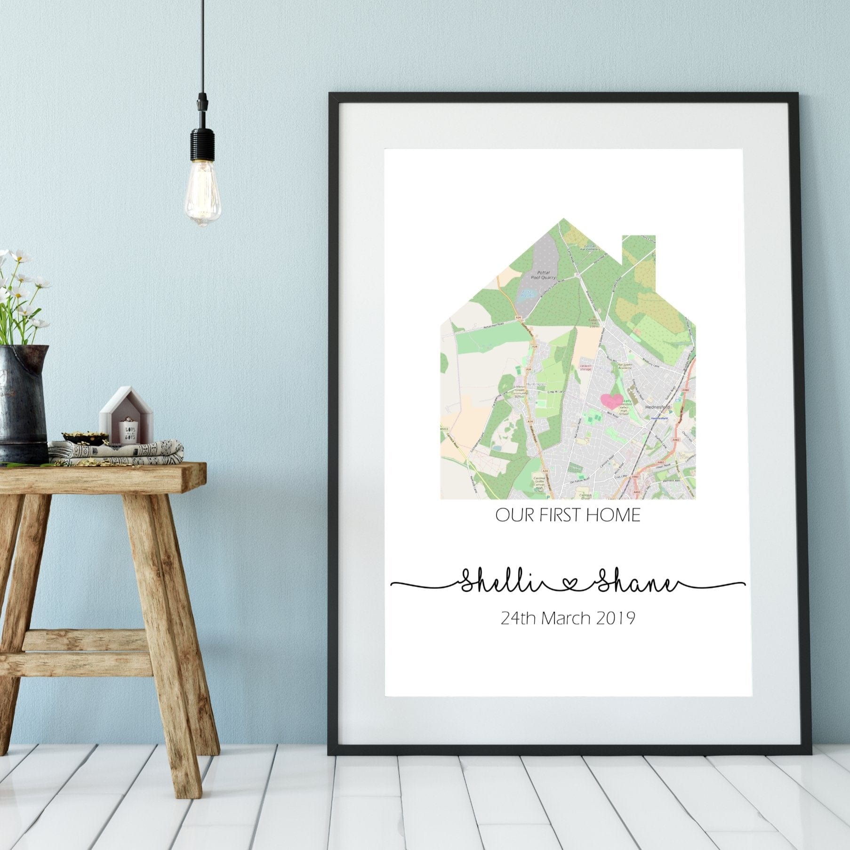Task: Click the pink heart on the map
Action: pyautogui.click(x=611, y=401)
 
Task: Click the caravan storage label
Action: pyautogui.click(x=585, y=368)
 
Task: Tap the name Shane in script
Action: pyautogui.click(x=635, y=584)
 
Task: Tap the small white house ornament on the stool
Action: pyautogui.click(x=126, y=416)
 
